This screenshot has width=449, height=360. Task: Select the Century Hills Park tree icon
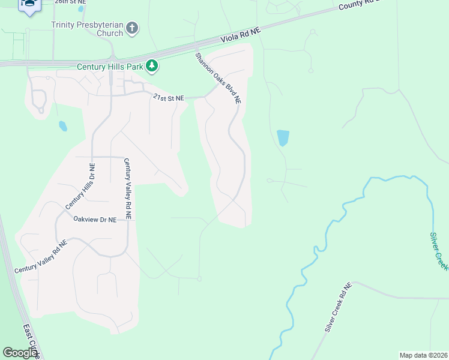(152, 65)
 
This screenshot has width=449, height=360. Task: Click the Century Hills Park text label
(110, 67)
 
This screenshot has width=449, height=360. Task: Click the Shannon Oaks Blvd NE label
(218, 78)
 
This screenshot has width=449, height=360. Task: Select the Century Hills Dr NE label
(79, 187)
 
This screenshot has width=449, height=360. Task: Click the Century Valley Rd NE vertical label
(128, 188)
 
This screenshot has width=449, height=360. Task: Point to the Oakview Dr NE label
(94, 220)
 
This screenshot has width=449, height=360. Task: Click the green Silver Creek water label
(439, 251)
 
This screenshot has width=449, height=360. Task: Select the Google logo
(20, 353)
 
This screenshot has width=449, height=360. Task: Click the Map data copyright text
(423, 355)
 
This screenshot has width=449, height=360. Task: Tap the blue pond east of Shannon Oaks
(283, 138)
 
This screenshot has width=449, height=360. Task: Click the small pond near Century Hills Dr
(62, 126)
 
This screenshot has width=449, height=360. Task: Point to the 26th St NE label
(71, 2)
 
